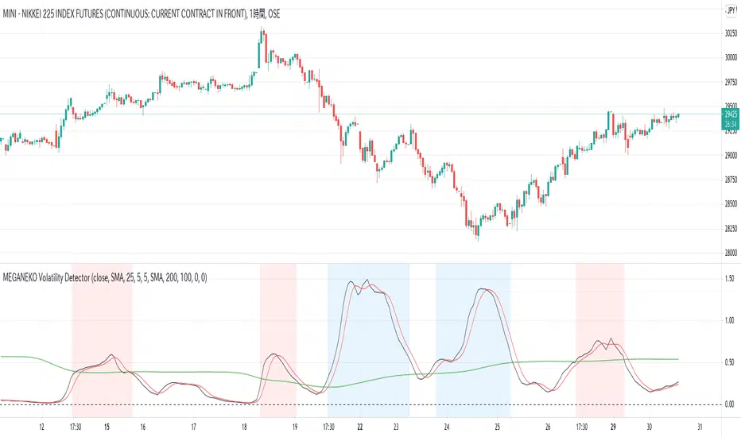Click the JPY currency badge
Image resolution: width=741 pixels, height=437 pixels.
point(730,10)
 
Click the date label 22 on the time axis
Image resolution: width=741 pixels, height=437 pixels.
point(361,426)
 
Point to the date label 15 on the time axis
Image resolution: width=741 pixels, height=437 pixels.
point(107,426)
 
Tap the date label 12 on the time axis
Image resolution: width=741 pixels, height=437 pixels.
point(41,426)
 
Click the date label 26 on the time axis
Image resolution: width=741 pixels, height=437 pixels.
point(549,426)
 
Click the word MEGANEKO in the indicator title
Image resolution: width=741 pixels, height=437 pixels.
point(25,275)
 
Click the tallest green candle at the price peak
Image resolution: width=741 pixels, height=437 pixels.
point(262,48)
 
